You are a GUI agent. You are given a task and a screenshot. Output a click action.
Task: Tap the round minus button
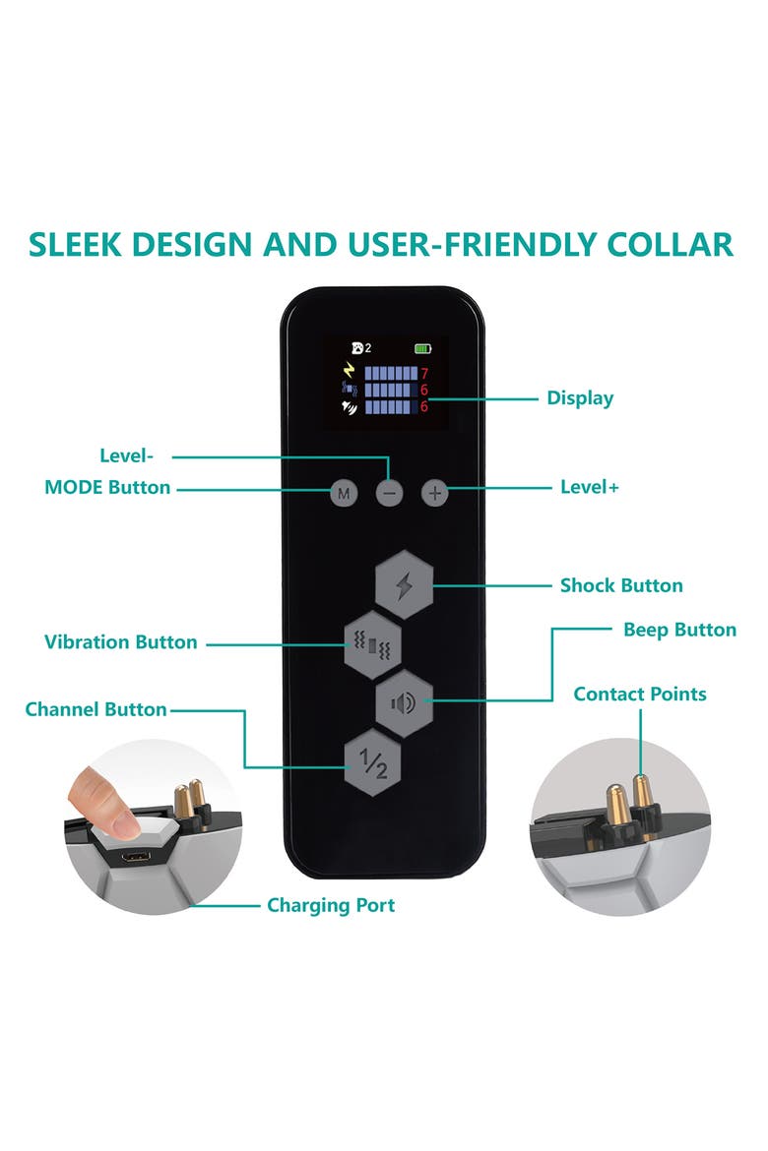click(x=390, y=493)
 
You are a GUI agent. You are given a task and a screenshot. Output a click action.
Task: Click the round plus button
click(x=435, y=493)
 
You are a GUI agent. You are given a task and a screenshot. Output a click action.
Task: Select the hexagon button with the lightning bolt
click(x=404, y=585)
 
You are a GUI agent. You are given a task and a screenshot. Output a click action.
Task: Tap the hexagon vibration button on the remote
click(x=372, y=644)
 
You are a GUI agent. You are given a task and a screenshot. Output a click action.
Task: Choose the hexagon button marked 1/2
click(x=372, y=762)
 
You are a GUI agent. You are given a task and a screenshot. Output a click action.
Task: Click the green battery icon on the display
click(x=422, y=348)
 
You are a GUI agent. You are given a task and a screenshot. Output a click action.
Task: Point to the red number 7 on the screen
click(x=424, y=375)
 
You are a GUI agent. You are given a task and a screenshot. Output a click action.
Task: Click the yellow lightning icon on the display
click(x=350, y=369)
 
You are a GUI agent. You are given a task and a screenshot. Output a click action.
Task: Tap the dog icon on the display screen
click(x=358, y=348)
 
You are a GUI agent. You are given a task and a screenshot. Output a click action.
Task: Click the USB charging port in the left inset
click(x=137, y=857)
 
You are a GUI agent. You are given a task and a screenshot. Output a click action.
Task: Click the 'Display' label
click(x=580, y=398)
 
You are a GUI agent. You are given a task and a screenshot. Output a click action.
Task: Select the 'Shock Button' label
click(x=621, y=585)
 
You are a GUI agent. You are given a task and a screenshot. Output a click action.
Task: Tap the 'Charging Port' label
click(x=331, y=905)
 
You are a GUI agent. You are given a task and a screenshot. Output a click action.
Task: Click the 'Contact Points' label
click(x=639, y=694)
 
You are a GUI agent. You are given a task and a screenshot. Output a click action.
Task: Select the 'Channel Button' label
click(x=96, y=709)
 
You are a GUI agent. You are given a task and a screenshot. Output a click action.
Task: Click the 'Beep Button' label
click(x=679, y=629)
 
